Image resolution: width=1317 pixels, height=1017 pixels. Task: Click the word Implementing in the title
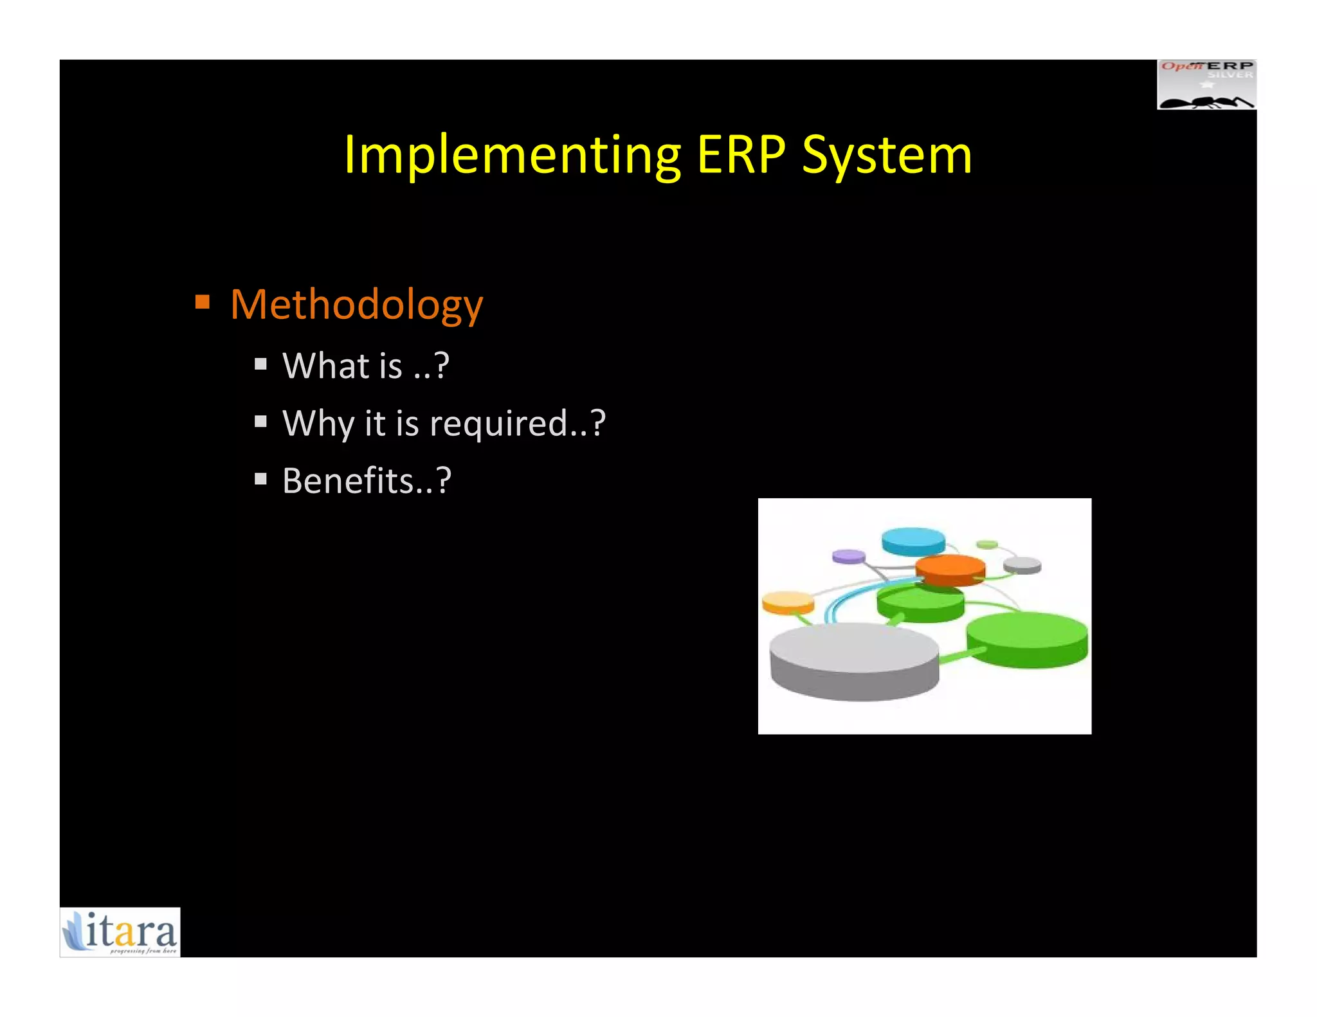(x=512, y=155)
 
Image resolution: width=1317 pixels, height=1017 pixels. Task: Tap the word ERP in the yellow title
(x=741, y=155)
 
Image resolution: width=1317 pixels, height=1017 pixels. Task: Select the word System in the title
(x=887, y=156)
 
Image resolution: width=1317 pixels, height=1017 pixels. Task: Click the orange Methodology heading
(x=356, y=305)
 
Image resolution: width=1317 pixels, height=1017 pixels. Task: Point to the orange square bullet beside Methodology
(x=203, y=301)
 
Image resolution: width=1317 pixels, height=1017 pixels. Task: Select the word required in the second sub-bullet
(x=499, y=424)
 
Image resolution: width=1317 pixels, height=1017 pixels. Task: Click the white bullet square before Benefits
(x=260, y=479)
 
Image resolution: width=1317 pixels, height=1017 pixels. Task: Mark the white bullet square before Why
(x=260, y=422)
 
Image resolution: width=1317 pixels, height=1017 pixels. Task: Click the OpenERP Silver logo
(x=1206, y=85)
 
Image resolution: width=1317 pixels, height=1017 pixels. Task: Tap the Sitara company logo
(x=120, y=932)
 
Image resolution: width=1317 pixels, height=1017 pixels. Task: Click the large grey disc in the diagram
(x=854, y=660)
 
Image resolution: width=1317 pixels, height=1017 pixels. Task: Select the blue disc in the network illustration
(x=913, y=541)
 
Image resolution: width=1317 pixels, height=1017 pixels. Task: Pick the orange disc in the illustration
(x=950, y=570)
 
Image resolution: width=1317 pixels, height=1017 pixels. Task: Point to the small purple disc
(x=848, y=556)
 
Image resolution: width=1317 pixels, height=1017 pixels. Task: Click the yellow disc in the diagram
(x=788, y=602)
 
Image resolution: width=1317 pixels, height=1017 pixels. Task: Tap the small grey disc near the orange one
(x=1022, y=565)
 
